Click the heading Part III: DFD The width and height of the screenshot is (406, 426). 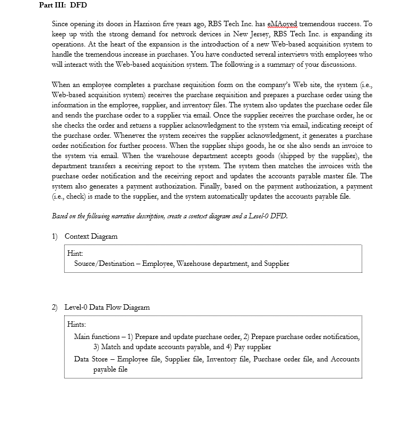tap(63, 5)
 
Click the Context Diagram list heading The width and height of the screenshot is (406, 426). tap(91, 236)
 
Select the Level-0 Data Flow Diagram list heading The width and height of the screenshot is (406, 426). tap(107, 307)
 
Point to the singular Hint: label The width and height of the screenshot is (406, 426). tap(75, 254)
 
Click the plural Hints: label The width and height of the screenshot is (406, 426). tap(77, 325)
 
